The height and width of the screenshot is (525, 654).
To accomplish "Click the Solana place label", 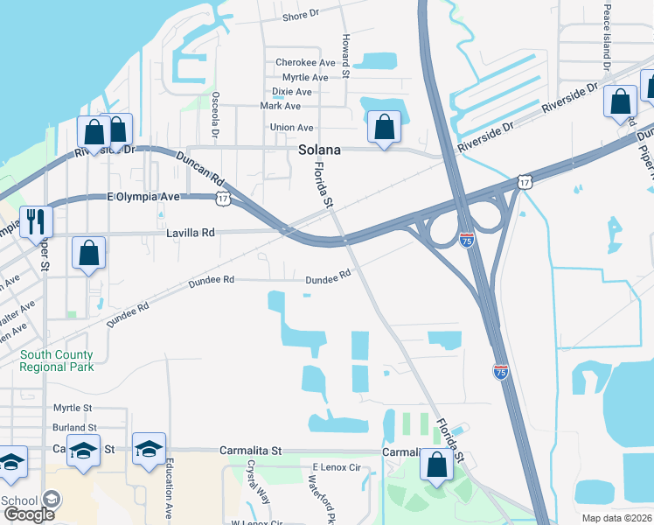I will coord(318,150).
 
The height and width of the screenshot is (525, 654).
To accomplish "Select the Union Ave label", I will coord(292,128).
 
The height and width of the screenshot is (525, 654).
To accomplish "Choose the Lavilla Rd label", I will coord(191,234).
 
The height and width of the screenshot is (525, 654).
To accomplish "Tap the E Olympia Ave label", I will coord(143,197).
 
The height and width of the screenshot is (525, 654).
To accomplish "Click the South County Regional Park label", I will coord(57,360).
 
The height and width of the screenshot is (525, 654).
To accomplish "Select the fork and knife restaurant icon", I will coord(36,221).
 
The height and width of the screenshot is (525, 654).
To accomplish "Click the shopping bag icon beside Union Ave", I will coord(384,127).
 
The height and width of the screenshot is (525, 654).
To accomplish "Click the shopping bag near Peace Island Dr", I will coord(621,101).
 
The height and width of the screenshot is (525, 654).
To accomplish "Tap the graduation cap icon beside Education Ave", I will coord(149,449).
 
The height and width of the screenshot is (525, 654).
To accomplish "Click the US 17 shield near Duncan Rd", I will coord(223,199).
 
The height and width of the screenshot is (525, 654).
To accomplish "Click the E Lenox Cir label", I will coord(337,468).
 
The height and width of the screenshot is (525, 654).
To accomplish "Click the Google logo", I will coord(29,514).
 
